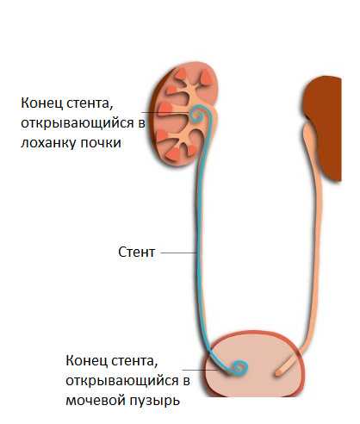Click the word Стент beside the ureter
pyautogui.click(x=137, y=253)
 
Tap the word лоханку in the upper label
pyautogui.click(x=48, y=143)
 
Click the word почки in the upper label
pyautogui.click(x=101, y=143)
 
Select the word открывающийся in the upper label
pyautogui.click(x=78, y=123)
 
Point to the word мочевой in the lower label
pyautogui.click(x=96, y=400)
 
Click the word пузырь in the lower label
pyautogui.click(x=155, y=401)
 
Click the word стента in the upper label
pyautogui.click(x=89, y=103)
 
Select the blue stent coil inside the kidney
pyautogui.click(x=198, y=115)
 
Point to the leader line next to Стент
pyautogui.click(x=178, y=253)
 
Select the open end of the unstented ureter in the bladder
pyautogui.click(x=278, y=373)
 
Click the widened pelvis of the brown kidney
pyautogui.click(x=309, y=135)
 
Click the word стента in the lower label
pyautogui.click(x=134, y=361)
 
